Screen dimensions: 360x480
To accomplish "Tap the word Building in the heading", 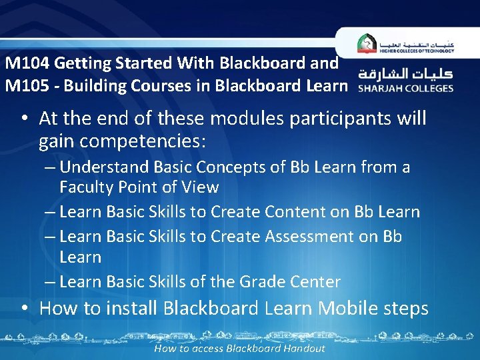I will point(95,86).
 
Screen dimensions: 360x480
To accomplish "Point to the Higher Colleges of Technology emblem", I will point(367,43).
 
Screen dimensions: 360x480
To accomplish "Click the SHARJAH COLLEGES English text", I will point(405,88).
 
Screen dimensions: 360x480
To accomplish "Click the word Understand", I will point(111,167).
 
